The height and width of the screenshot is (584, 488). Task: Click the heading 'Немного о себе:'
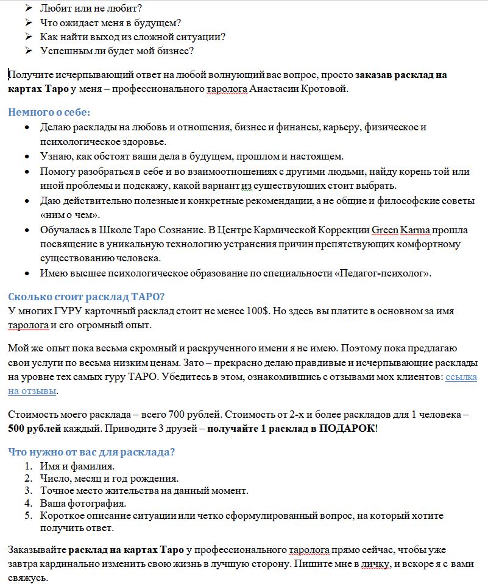[49, 113]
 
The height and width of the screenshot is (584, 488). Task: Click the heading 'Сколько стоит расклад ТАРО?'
[87, 297]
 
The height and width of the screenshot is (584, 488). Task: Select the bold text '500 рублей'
[35, 428]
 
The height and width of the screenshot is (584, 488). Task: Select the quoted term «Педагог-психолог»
[382, 273]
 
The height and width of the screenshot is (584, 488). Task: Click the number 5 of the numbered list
[27, 516]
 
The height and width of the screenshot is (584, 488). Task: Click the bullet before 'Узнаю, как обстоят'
[26, 157]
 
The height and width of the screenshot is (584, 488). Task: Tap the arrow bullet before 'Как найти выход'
[28, 37]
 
